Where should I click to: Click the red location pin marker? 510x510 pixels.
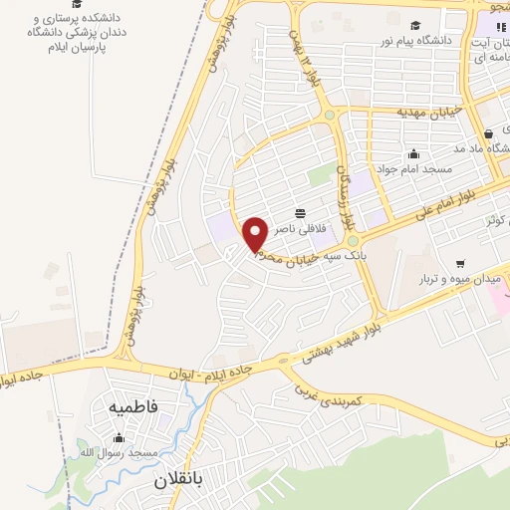[255, 235]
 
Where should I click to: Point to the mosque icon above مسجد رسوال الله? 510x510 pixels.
[121, 438]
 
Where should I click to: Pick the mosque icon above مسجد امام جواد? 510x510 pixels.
[413, 154]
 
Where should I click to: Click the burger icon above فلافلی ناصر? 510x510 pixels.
[300, 213]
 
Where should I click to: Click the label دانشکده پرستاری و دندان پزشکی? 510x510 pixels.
[71, 33]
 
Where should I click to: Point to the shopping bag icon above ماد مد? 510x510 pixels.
[488, 133]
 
